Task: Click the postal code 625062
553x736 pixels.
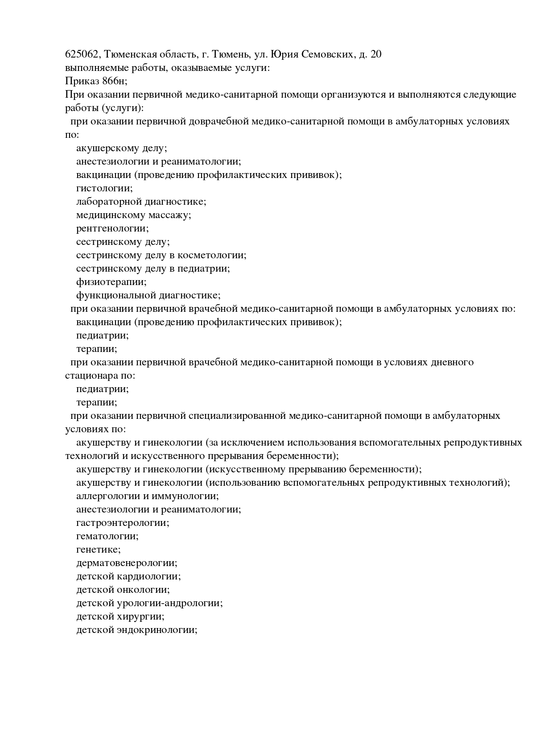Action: pos(83,54)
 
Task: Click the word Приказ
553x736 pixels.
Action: pos(79,81)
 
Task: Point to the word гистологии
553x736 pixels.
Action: pos(104,188)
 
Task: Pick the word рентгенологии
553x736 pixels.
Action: pos(112,228)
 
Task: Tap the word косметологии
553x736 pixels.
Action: pos(212,255)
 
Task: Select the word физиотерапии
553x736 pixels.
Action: pos(111,282)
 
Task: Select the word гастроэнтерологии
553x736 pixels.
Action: pos(123,523)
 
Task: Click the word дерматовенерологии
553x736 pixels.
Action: pos(127,563)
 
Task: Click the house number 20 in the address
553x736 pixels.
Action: pos(376,54)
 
